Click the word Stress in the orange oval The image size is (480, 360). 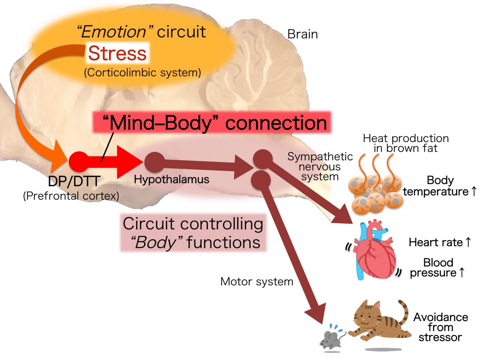pos(117,53)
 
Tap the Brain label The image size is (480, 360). pos(302,34)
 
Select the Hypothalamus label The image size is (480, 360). pos(171,179)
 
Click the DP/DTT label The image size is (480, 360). pos(74,181)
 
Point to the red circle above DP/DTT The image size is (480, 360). pos(79,162)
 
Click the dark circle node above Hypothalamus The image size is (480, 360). pos(154,162)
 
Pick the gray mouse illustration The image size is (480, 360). pos(331,339)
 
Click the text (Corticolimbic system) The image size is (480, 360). pos(142,73)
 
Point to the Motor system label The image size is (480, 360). pos(257,282)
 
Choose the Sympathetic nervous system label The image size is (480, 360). pos(320,166)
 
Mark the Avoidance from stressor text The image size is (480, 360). pos(440,327)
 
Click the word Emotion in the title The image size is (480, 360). pos(113,32)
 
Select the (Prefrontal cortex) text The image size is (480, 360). pos(71,196)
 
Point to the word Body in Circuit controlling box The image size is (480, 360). pos(155,242)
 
